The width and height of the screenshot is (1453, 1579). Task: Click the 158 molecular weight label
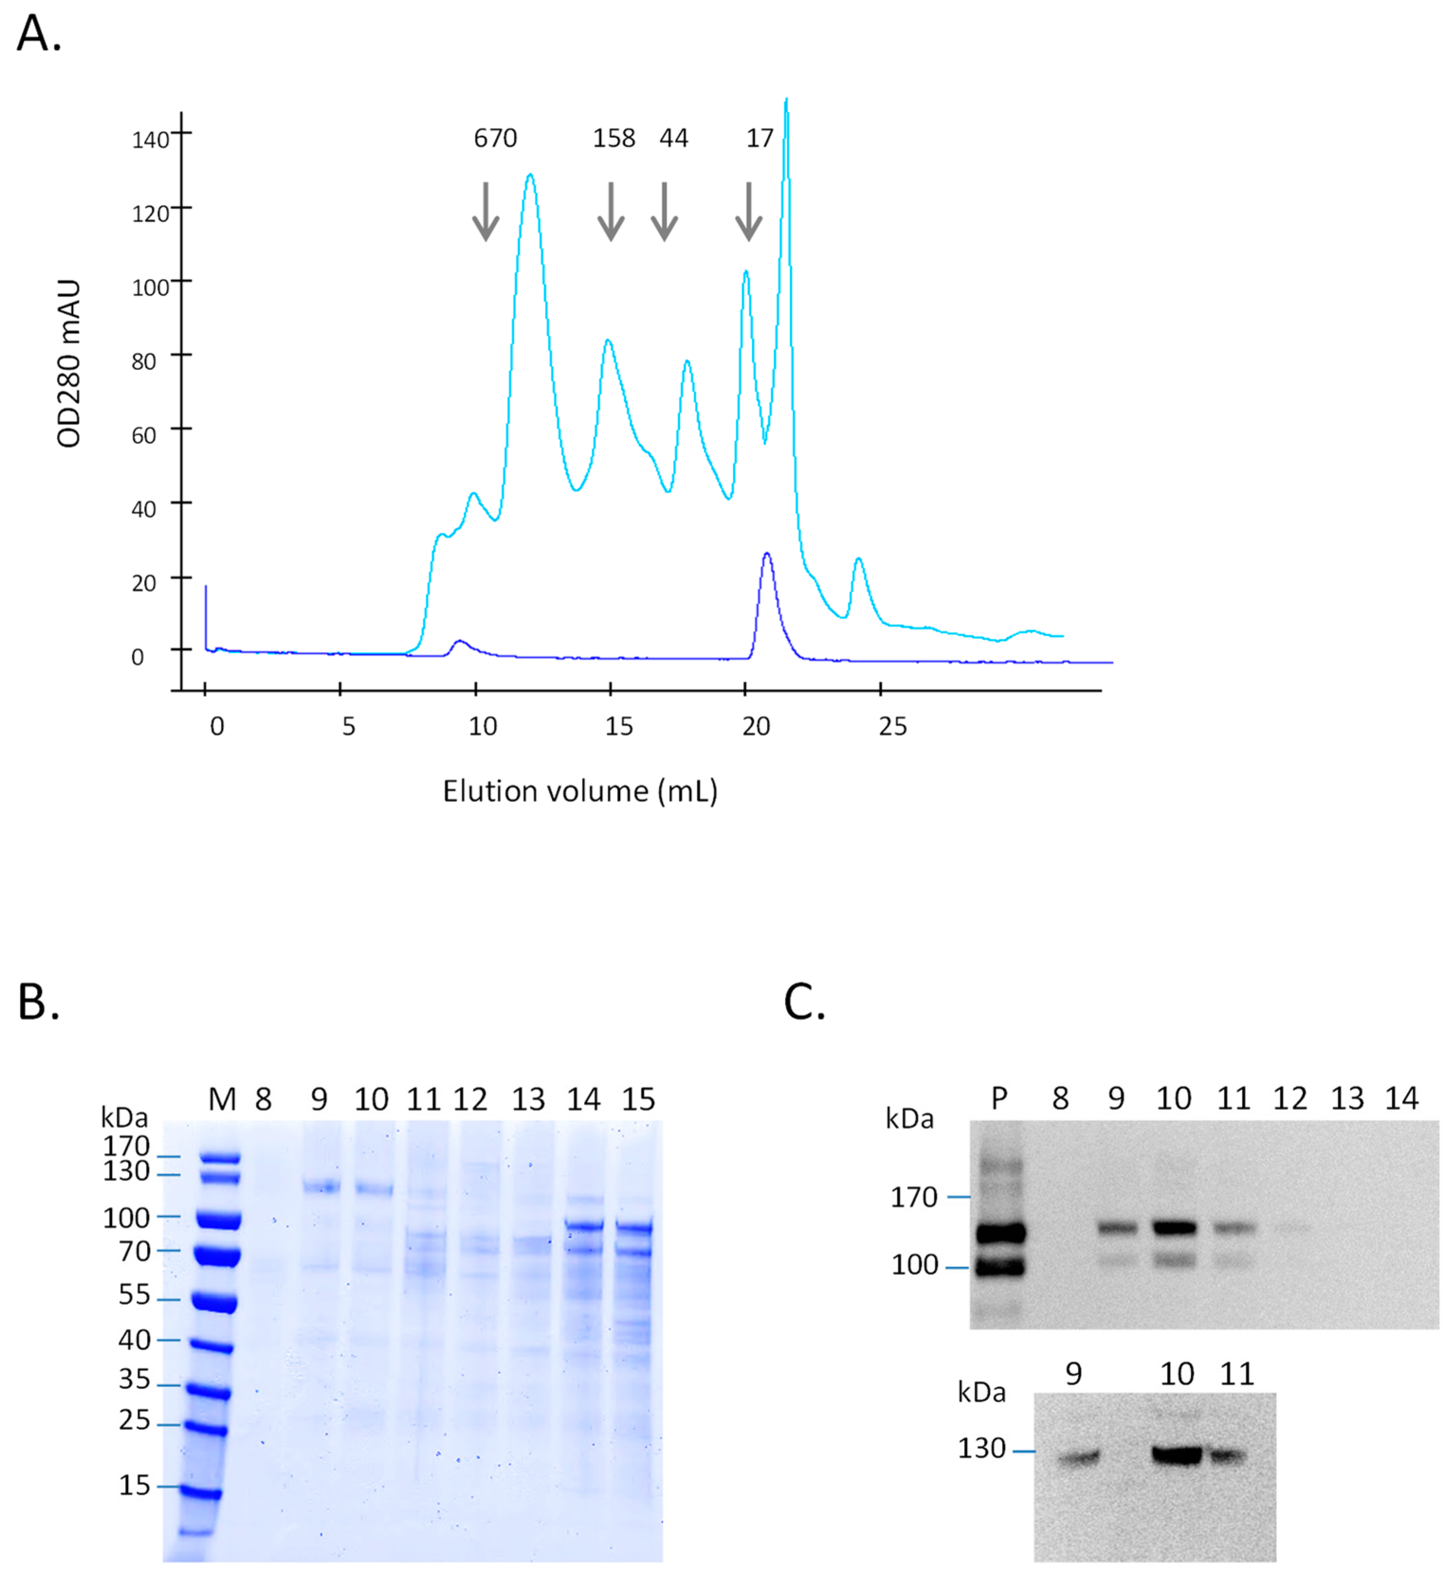(613, 138)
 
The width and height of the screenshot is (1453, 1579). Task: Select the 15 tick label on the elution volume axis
(619, 726)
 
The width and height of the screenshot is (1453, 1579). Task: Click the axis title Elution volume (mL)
(580, 792)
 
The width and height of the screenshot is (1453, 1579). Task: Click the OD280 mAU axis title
(69, 363)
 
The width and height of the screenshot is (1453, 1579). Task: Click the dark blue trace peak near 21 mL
(767, 555)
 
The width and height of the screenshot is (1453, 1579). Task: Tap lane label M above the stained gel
(222, 1099)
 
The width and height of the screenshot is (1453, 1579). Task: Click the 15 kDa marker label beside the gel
(135, 1485)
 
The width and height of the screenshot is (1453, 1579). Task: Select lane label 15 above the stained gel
(638, 1099)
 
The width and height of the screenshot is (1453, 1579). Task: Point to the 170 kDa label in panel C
(914, 1197)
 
